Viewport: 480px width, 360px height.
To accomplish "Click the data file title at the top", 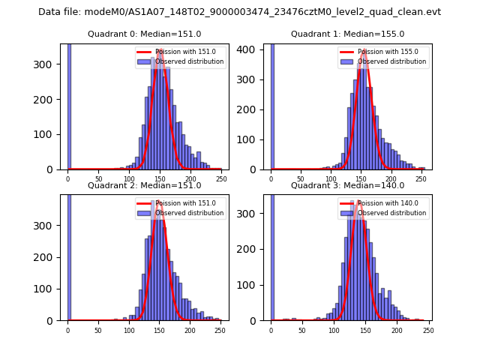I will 239,12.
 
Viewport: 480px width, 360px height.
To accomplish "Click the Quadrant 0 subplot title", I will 144,34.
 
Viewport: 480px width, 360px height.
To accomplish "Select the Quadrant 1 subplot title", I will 347,34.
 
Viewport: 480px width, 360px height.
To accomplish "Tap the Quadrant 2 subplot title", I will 144,185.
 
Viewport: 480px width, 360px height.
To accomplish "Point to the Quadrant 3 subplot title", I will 347,185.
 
